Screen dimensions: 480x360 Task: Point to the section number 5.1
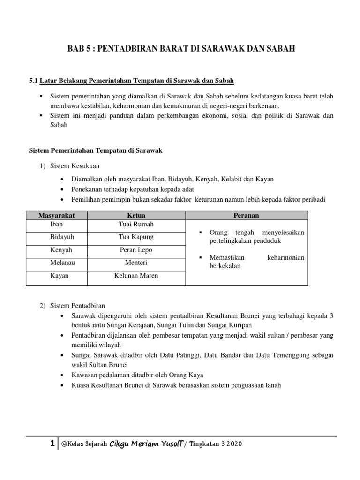point(33,81)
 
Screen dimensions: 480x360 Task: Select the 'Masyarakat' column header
point(56,215)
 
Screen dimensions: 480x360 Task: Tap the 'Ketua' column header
point(136,215)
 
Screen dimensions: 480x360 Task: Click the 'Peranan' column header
point(247,215)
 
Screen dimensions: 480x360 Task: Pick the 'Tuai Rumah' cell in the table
point(136,225)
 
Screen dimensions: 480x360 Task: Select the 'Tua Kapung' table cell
point(136,237)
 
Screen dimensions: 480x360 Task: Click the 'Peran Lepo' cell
point(136,250)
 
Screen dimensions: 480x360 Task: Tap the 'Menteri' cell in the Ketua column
point(136,263)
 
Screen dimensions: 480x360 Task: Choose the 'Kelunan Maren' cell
point(136,276)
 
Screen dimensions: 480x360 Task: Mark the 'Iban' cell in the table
point(56,225)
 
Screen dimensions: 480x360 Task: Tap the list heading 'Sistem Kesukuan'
point(75,166)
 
